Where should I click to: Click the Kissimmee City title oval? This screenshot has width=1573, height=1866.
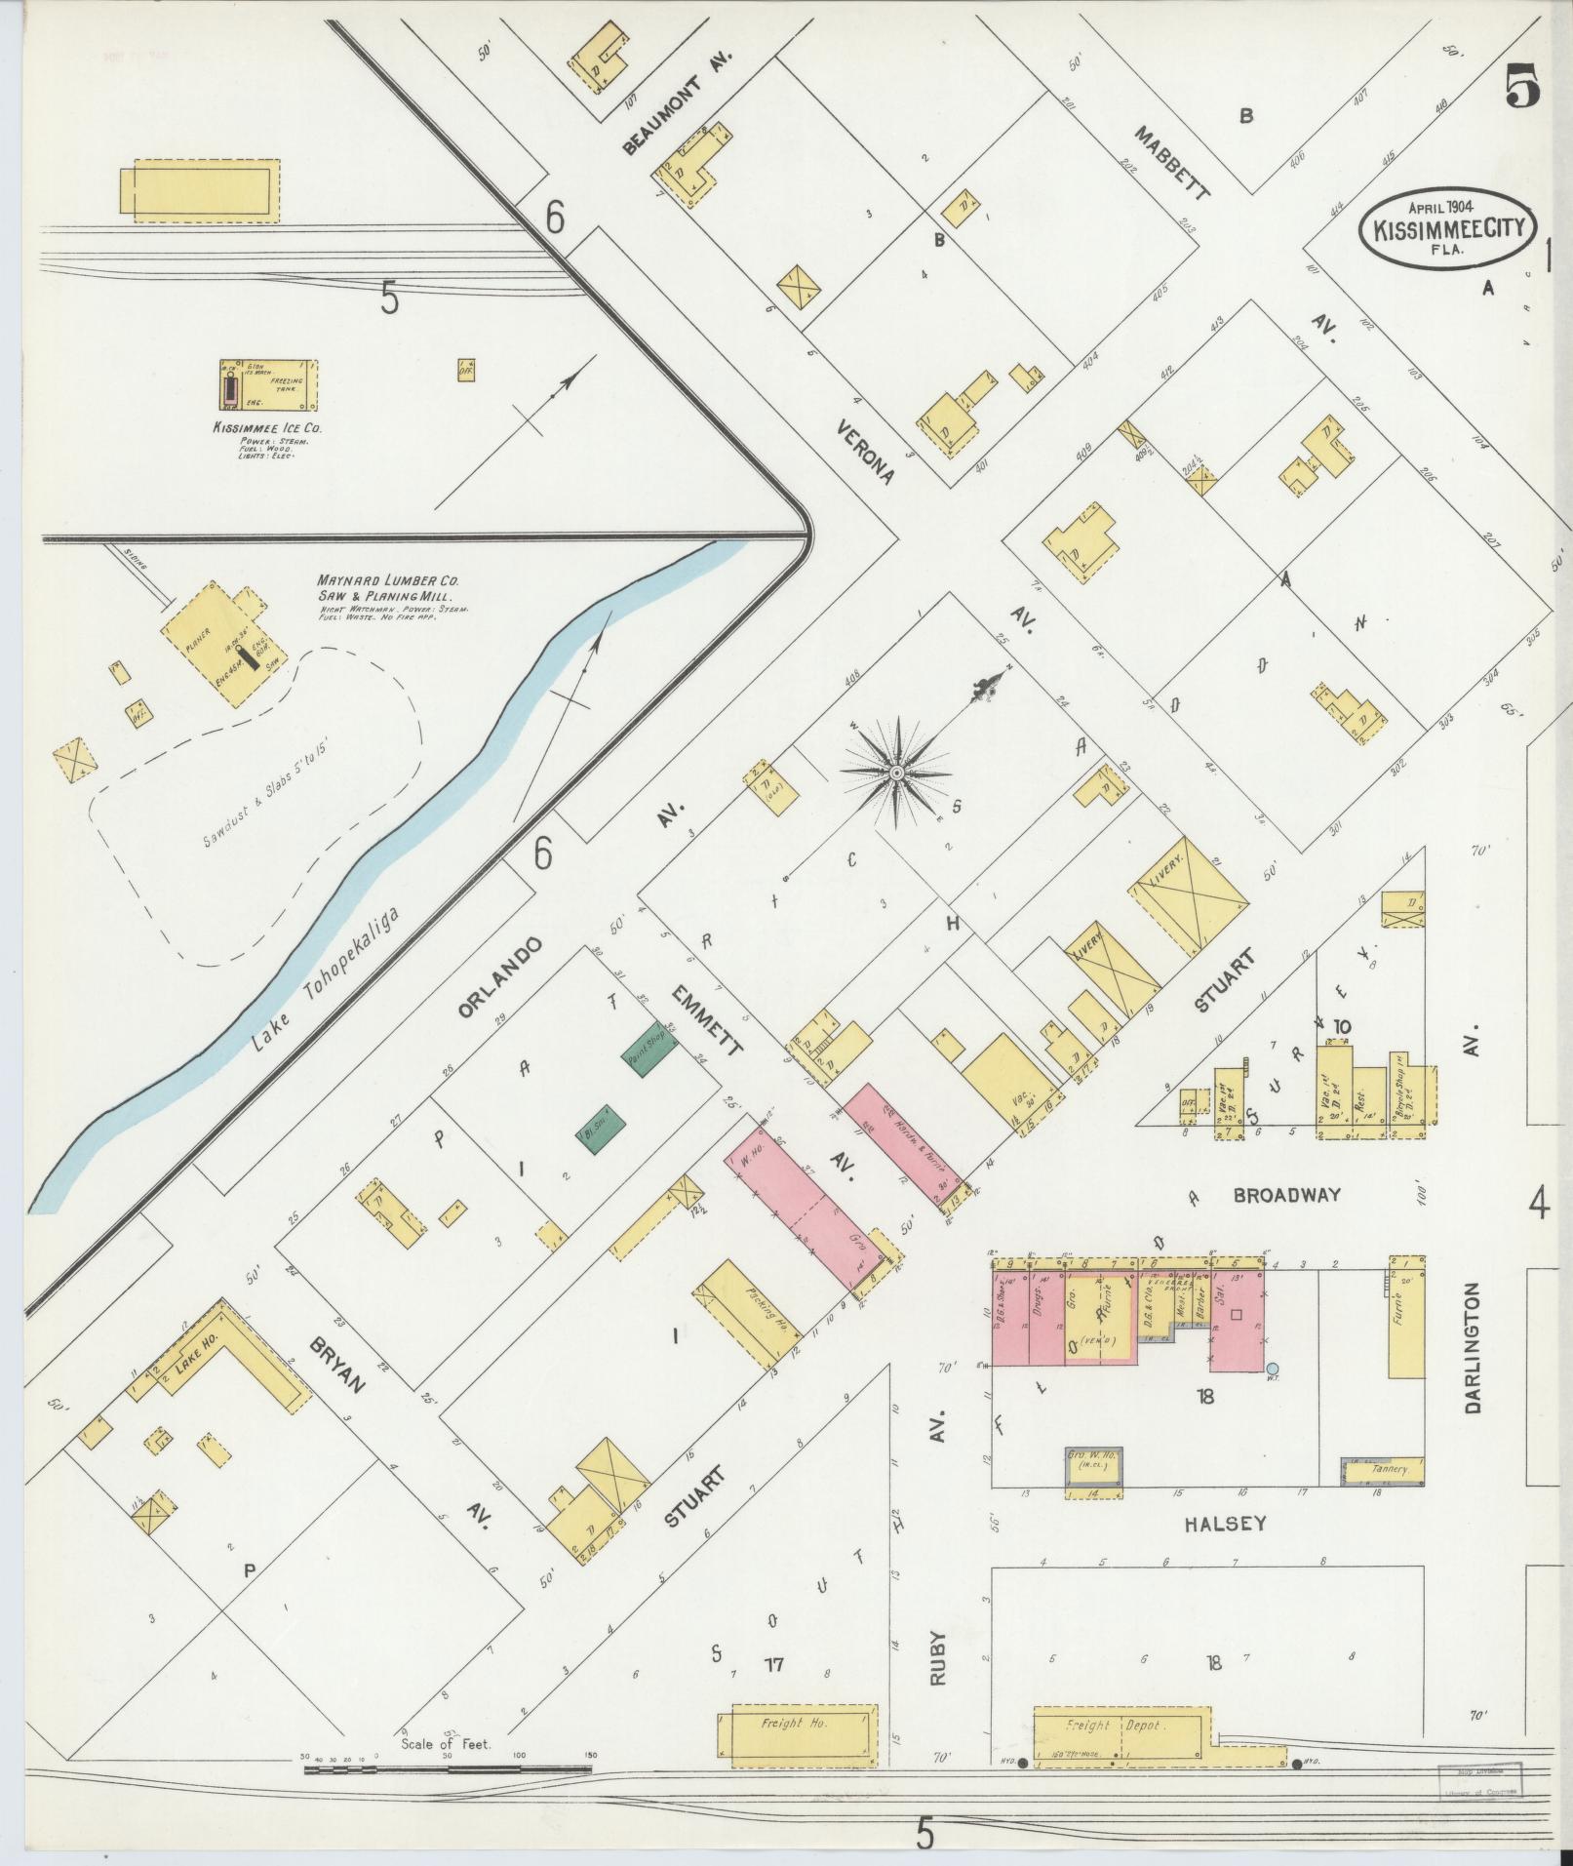[x=1447, y=226]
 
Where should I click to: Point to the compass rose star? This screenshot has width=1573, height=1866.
[x=895, y=773]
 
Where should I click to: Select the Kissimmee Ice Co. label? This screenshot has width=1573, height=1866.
[x=268, y=427]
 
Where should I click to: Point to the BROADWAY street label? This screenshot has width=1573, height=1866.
[x=1285, y=1195]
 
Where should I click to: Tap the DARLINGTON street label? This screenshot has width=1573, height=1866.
[x=1472, y=1350]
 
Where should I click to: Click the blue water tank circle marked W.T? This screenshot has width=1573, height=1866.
[x=1272, y=1370]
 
